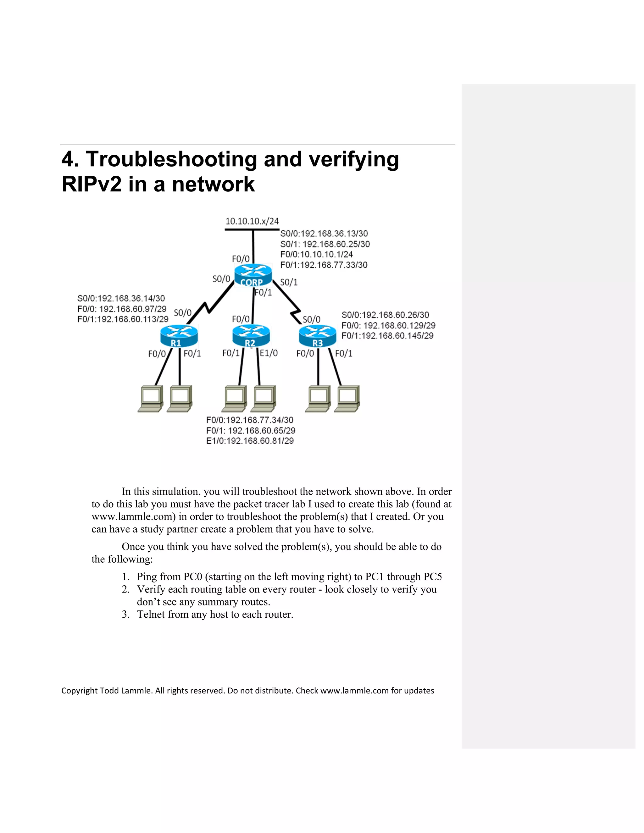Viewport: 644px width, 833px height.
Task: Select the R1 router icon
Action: pyautogui.click(x=179, y=336)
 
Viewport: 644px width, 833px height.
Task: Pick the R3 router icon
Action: pyautogui.click(x=317, y=336)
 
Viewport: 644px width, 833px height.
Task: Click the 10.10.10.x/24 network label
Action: pyautogui.click(x=252, y=221)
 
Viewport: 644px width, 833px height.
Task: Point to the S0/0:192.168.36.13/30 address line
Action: pyautogui.click(x=324, y=234)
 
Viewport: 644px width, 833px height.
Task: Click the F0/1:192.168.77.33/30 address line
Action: pyautogui.click(x=324, y=265)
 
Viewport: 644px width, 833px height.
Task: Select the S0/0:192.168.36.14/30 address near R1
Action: pyautogui.click(x=121, y=298)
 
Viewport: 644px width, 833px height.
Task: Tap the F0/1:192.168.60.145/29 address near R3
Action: pyautogui.click(x=387, y=336)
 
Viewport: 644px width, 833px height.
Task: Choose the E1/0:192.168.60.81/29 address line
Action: pyautogui.click(x=250, y=441)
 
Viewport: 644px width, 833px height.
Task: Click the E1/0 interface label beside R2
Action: pyautogui.click(x=269, y=353)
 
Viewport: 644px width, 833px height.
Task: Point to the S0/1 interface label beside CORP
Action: pyautogui.click(x=289, y=282)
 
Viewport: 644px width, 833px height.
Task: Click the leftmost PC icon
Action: pyautogui.click(x=150, y=399)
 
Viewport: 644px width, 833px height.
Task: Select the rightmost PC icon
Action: pyautogui.click(x=347, y=399)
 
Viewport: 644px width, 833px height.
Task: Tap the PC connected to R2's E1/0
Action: pyautogui.click(x=263, y=399)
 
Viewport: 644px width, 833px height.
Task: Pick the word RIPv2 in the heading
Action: pyautogui.click(x=92, y=184)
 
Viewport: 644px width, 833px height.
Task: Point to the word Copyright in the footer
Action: pyautogui.click(x=79, y=691)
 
